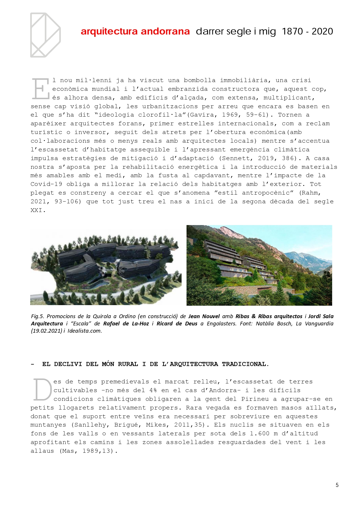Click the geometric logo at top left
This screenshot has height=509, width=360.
pos(45,35)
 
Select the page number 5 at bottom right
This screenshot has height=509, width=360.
pos(337,485)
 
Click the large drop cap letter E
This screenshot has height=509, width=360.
pos(41,89)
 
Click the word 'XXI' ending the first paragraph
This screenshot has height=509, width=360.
pos(37,210)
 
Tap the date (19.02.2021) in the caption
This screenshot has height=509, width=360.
pos(46,331)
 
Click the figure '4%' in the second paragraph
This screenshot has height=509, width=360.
pos(153,390)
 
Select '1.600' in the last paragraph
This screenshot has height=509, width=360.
pos(260,434)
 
